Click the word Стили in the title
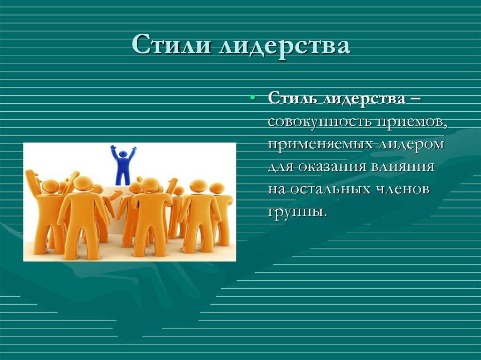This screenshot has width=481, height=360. pyautogui.click(x=167, y=46)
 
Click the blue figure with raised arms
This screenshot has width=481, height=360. pyautogui.click(x=123, y=167)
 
